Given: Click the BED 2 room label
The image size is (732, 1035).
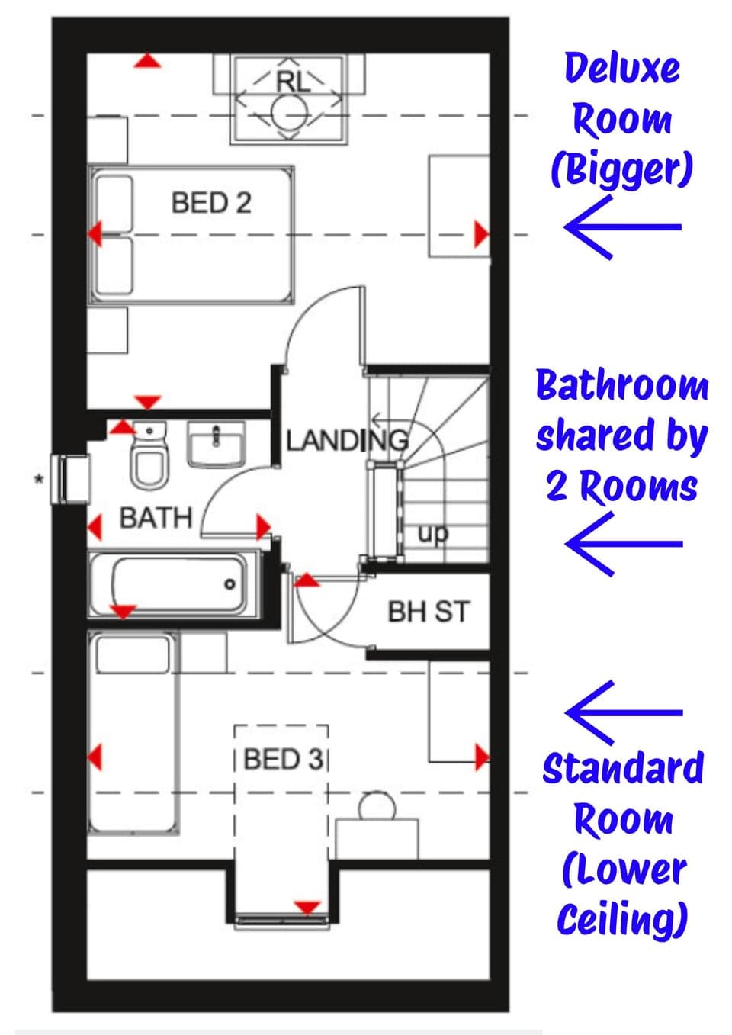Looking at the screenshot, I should (211, 203).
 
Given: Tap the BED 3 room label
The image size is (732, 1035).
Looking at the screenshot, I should (283, 760).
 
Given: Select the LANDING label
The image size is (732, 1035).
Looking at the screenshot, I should (347, 440).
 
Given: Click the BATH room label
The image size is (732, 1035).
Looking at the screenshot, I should (156, 518).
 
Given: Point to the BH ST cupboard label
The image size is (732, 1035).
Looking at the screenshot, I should (429, 612).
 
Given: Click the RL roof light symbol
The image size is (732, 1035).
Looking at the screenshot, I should (289, 99).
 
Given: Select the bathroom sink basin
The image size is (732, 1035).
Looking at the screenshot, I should (217, 444).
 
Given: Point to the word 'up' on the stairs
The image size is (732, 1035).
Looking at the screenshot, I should (432, 533).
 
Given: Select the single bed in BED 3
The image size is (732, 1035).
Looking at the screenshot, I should (134, 732).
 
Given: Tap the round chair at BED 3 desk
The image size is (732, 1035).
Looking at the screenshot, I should (377, 806).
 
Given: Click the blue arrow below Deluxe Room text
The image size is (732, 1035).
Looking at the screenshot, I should (621, 227).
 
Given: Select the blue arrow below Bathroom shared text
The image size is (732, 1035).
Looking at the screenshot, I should (622, 543).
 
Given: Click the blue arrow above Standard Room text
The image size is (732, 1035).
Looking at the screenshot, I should (622, 712).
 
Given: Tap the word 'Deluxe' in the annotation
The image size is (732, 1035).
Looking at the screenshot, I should (621, 68).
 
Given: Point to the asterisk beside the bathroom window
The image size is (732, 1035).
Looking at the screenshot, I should (37, 480).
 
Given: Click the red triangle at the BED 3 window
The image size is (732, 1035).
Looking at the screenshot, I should (307, 907).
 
